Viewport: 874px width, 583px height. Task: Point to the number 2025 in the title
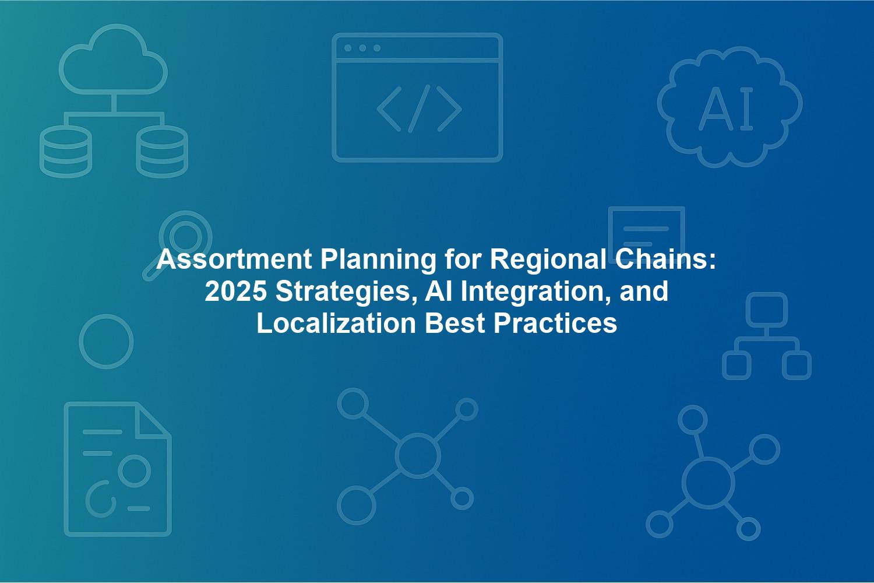(235, 291)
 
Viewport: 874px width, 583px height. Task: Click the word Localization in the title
(336, 324)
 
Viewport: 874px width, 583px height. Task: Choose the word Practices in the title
(555, 324)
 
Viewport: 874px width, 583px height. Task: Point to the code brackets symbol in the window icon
(419, 108)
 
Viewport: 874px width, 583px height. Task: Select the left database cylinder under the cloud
(65, 152)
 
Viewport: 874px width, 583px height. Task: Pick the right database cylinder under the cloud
(162, 152)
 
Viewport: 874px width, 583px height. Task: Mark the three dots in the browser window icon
(362, 48)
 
